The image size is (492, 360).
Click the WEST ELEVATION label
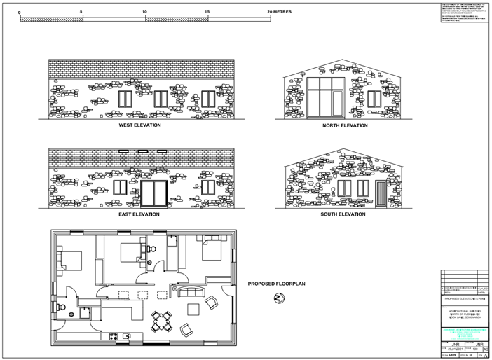pyautogui.click(x=139, y=125)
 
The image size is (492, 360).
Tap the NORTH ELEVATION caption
pyautogui.click(x=344, y=125)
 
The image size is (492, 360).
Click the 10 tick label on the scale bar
pyautogui.click(x=144, y=12)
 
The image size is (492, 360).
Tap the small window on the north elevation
pyautogui.click(x=374, y=99)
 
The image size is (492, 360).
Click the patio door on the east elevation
pyautogui.click(x=154, y=192)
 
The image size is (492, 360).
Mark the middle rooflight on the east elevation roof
pyautogui.click(x=143, y=151)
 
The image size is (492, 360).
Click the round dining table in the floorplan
pyautogui.click(x=164, y=319)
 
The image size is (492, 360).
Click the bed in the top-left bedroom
pyautogui.click(x=70, y=258)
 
